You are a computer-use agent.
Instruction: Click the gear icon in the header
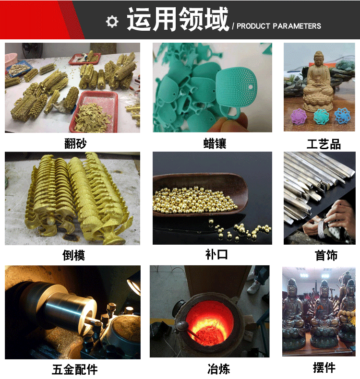pyautogui.click(x=112, y=21)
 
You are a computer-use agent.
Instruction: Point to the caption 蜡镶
pyautogui.click(x=214, y=143)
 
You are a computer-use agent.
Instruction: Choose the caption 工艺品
pyautogui.click(x=323, y=143)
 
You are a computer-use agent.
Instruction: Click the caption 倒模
pyautogui.click(x=73, y=255)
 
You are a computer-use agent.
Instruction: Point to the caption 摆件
pyautogui.click(x=324, y=368)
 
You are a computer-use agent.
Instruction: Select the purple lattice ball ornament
pyautogui.click(x=297, y=116)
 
